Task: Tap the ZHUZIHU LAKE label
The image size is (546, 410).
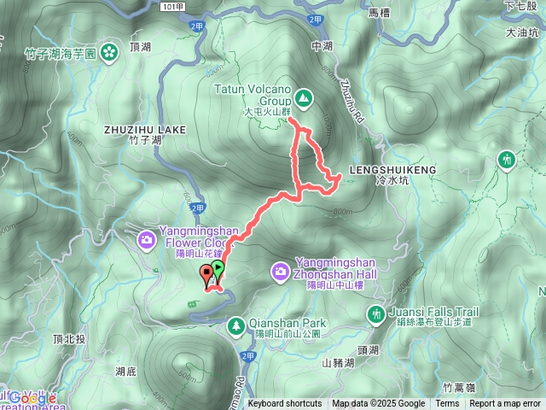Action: click(144, 129)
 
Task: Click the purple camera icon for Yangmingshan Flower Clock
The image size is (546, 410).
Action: click(148, 239)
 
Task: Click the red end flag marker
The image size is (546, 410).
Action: click(206, 275)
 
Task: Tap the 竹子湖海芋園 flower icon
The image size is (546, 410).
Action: click(108, 52)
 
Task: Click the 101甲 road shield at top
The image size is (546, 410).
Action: click(171, 5)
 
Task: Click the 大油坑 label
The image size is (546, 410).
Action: click(522, 32)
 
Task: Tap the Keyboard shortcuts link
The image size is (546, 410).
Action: click(285, 404)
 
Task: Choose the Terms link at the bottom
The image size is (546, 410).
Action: click(447, 404)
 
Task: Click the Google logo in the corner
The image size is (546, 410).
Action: click(28, 398)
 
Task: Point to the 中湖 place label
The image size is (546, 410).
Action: click(322, 46)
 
